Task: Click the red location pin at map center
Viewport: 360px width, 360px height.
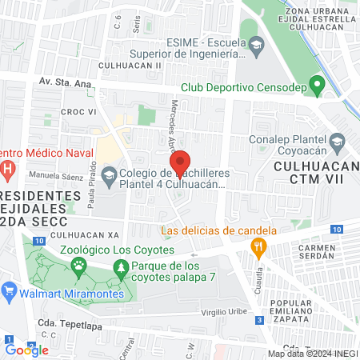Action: pos(181,162)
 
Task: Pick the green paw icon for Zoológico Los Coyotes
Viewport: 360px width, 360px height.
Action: pos(78,270)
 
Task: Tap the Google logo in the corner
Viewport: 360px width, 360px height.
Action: pos(26,349)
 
